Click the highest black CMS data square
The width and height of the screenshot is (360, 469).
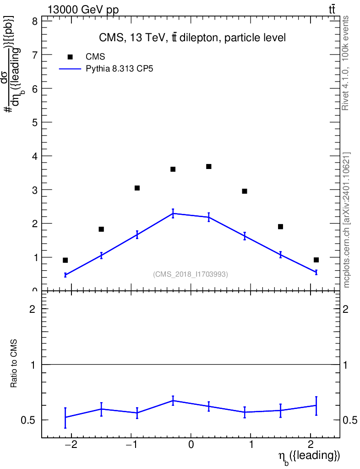209,167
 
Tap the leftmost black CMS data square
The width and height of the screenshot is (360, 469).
65,260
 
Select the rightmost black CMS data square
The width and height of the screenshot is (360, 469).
316,260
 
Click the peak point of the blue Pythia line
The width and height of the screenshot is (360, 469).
173,213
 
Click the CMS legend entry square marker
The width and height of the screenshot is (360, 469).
70,57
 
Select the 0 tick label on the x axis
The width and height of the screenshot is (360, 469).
191,444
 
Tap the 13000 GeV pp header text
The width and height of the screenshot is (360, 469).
83,10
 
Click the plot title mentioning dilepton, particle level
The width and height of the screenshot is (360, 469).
192,38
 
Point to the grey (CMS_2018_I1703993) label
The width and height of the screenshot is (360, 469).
191,274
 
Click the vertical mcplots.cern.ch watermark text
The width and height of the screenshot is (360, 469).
347,220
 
